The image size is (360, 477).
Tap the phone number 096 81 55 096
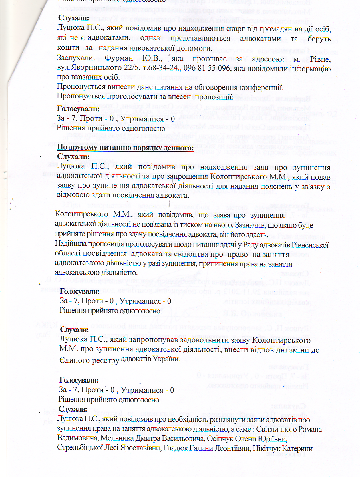click(x=207, y=68)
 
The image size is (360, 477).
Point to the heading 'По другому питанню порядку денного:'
click(x=125, y=148)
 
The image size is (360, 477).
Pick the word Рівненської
click(x=310, y=245)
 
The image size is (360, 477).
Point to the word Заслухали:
click(x=76, y=58)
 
